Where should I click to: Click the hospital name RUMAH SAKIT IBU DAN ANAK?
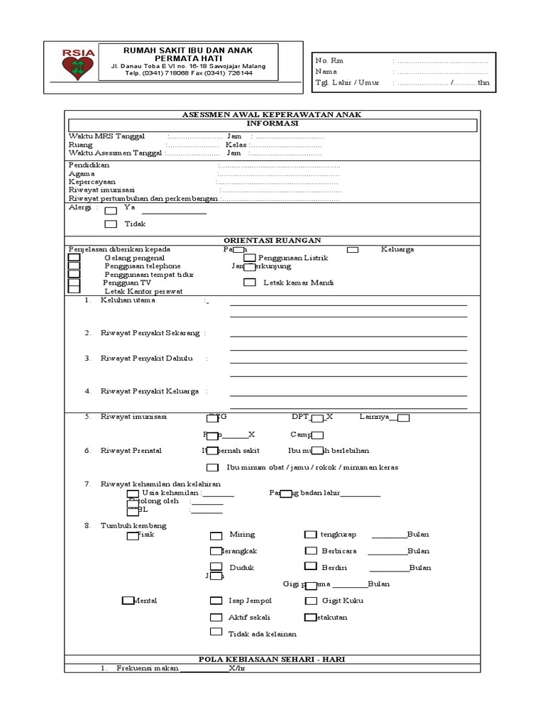coord(188,50)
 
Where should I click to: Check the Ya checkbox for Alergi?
coord(111,210)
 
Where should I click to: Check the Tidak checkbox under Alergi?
coord(111,224)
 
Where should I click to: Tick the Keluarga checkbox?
coord(353,249)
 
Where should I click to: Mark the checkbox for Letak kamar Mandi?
coord(249,283)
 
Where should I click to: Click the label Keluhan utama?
coord(128,300)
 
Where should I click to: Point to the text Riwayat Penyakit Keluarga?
coord(150,391)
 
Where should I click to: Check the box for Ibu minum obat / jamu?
coord(212,467)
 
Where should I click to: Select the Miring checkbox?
coord(216,535)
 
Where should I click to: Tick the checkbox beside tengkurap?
coord(310,535)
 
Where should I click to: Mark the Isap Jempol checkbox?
coord(216,601)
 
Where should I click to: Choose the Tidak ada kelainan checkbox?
coord(216,632)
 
